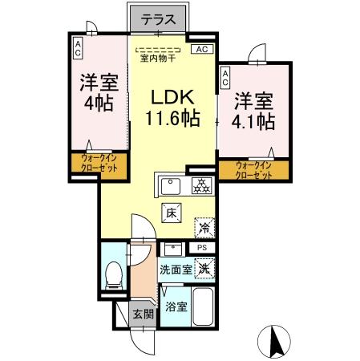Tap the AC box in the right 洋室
225,78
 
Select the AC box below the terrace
202,51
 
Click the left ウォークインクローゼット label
99,164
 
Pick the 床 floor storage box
171,213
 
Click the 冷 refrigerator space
204,227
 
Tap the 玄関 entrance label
142,313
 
